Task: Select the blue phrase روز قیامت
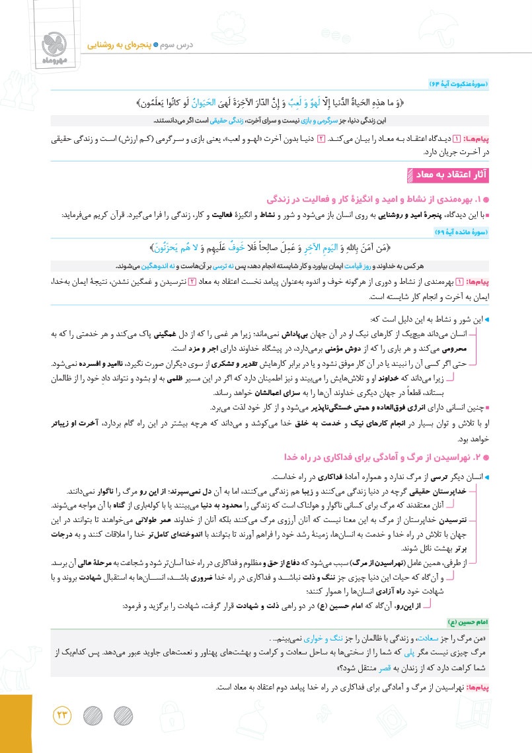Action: click(352, 265)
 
